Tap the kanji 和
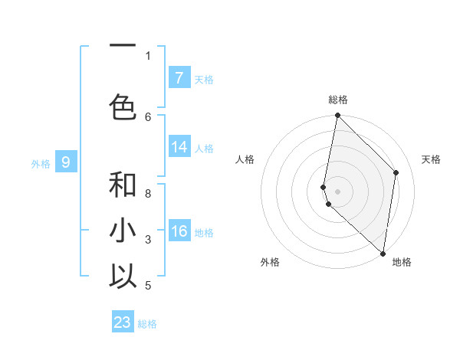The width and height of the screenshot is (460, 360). point(123,185)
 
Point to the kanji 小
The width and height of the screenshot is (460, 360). point(123,231)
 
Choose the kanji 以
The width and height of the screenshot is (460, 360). point(123,277)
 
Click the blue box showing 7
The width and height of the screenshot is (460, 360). point(179,78)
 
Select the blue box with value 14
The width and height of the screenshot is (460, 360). point(179,147)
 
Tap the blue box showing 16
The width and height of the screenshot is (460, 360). point(179,231)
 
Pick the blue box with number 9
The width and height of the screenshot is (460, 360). point(66,162)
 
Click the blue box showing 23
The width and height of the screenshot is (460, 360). point(123,322)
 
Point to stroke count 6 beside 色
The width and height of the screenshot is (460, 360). point(149,117)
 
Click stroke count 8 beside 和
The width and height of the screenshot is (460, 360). point(149,194)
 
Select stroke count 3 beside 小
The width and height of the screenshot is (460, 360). point(149,240)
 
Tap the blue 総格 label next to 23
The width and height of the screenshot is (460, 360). point(147,324)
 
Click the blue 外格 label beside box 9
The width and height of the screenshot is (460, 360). point(40,163)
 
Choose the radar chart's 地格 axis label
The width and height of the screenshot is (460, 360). point(402,263)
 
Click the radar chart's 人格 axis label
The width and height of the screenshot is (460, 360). point(245,159)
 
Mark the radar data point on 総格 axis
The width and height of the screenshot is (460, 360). point(337,116)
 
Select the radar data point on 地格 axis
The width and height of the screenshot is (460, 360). point(383,254)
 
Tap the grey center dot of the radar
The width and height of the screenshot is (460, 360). point(337,191)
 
